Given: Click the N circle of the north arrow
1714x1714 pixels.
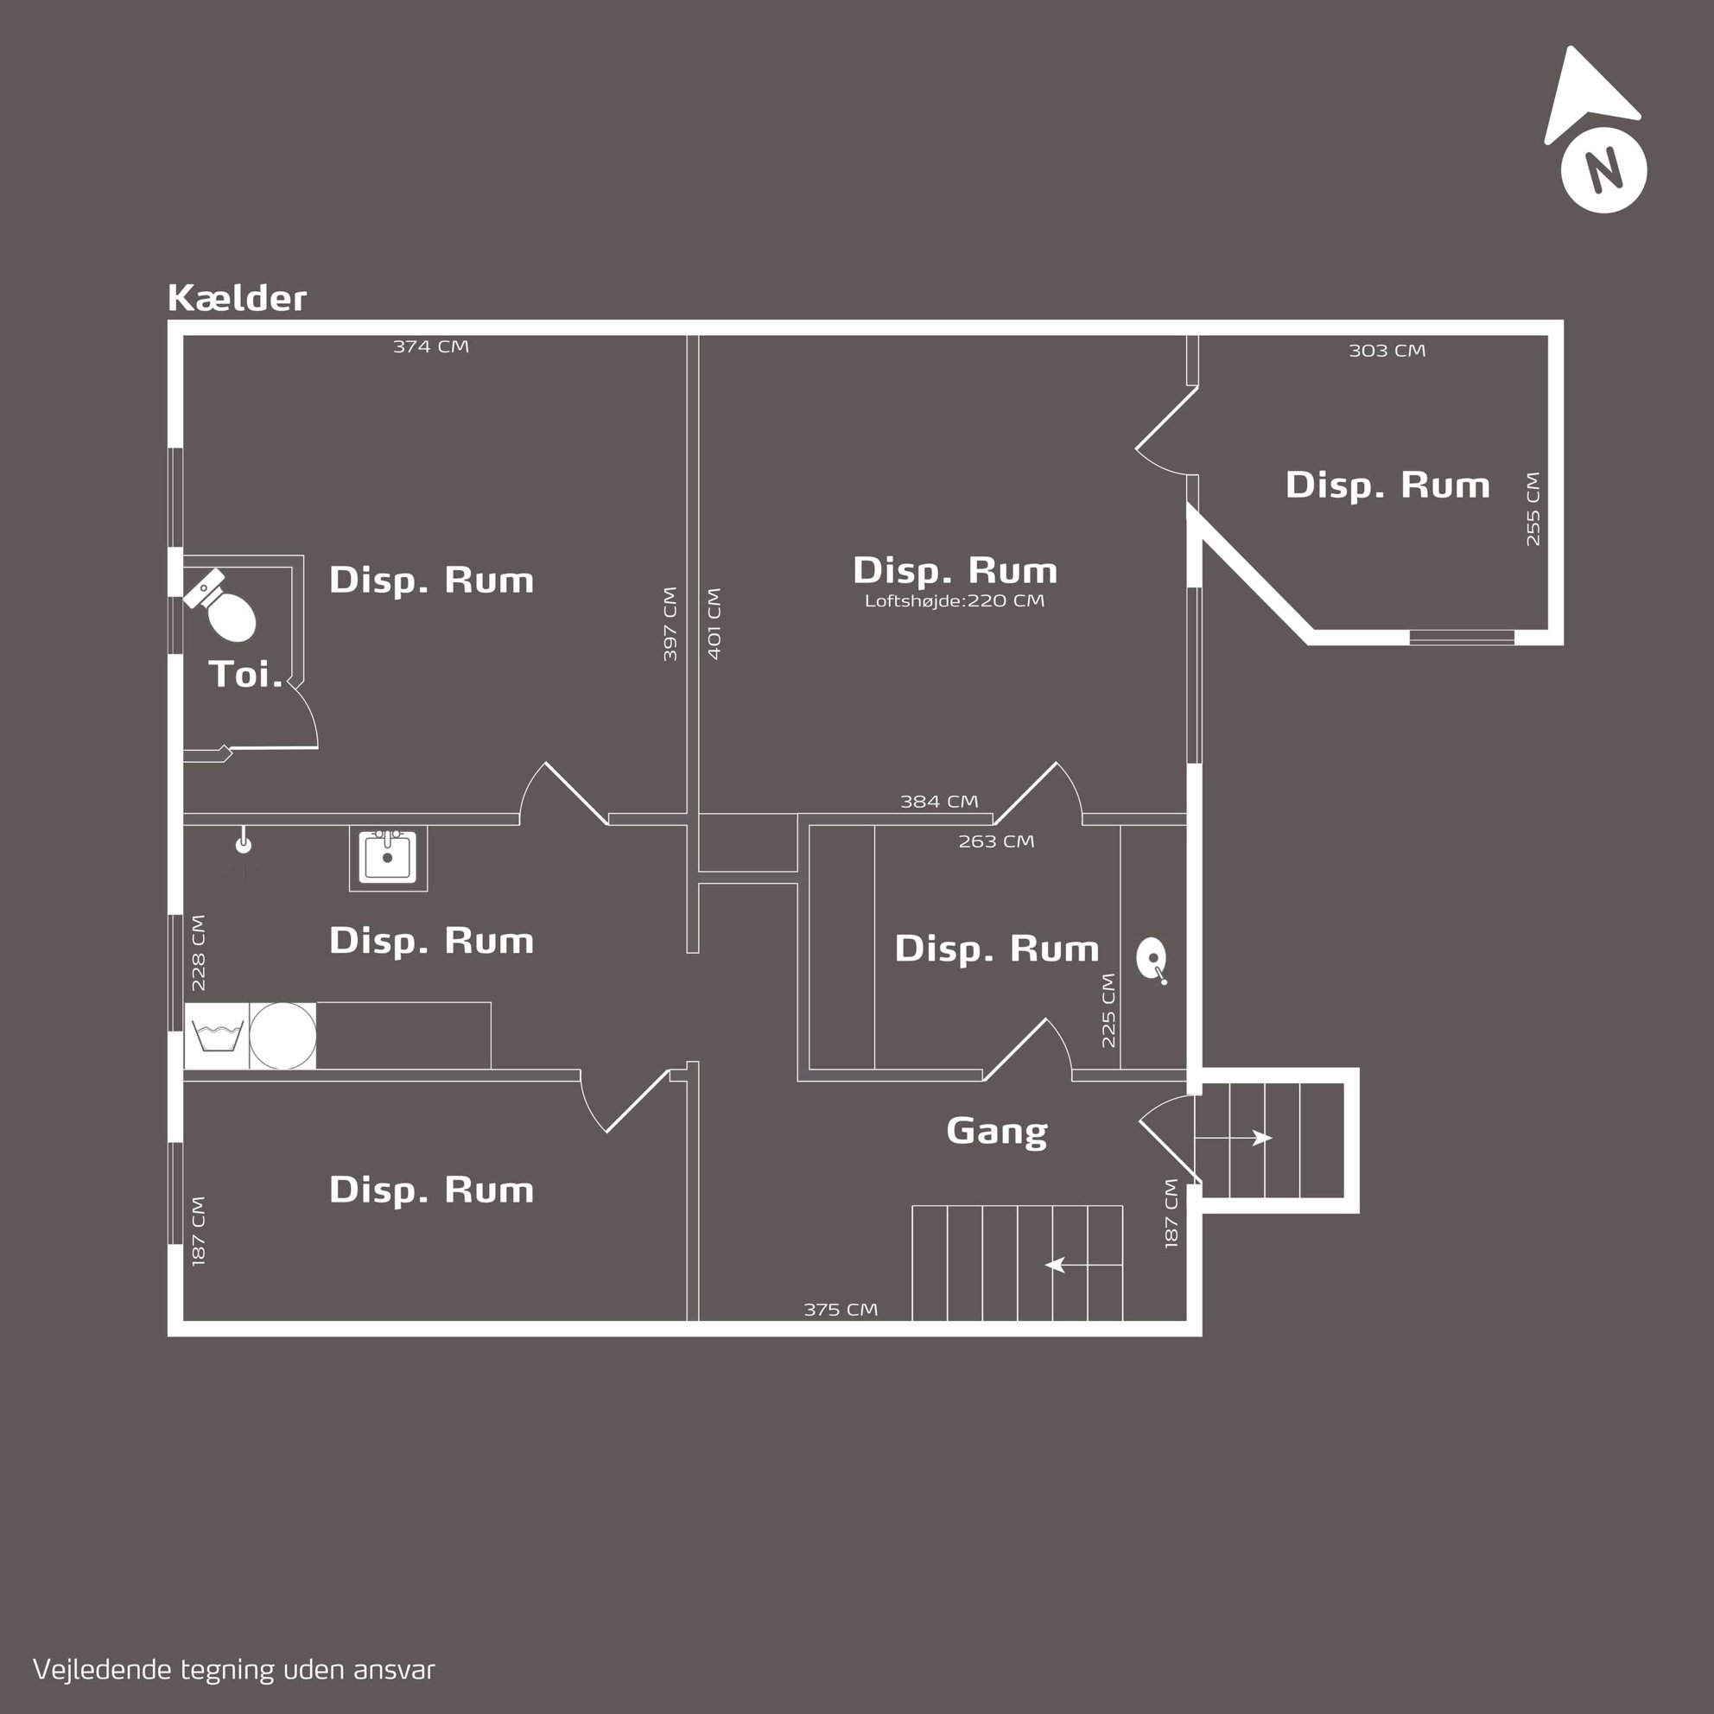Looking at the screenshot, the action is coord(1603,170).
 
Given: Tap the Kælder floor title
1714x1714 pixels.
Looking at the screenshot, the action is coord(237,298).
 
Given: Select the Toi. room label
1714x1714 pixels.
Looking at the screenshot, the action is coord(245,674).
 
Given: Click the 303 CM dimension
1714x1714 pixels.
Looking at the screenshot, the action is coord(1387,351).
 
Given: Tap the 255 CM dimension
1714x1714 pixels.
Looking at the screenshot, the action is coord(1533,508).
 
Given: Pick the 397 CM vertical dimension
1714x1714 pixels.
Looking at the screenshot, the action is coord(670,624).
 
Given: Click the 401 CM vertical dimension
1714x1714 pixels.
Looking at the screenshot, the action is coord(714,624).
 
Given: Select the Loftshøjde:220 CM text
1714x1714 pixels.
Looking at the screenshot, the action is coord(955,600).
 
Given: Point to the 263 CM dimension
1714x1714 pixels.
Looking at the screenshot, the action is coord(995,841).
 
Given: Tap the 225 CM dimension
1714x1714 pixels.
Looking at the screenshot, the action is coord(1108,1011).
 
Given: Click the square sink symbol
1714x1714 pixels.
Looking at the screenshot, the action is coord(388,858).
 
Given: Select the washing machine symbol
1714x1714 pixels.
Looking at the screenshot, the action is coord(217,1035).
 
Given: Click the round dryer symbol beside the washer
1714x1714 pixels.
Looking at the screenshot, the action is coord(283,1035).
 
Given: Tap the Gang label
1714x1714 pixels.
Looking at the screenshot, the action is coord(997,1131).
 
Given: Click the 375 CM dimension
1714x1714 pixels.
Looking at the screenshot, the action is coord(840,1310).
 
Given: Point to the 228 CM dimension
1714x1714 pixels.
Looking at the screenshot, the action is coord(198,953).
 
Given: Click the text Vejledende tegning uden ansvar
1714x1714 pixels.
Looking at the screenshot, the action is coord(234,1670).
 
